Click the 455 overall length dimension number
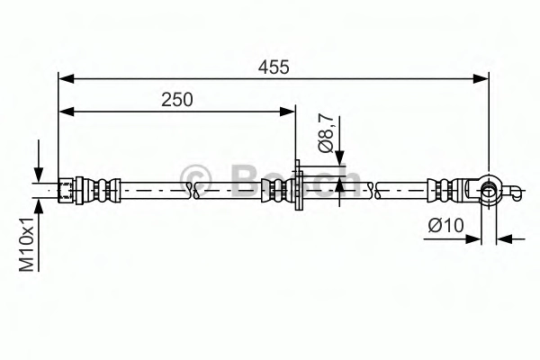274,67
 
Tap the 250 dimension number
177,100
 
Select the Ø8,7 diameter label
326,133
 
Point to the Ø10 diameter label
446,226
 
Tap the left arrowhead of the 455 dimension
66,78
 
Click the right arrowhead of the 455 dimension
481,78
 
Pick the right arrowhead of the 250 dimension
287,112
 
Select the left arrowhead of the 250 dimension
66,112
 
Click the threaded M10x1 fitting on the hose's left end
66,190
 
